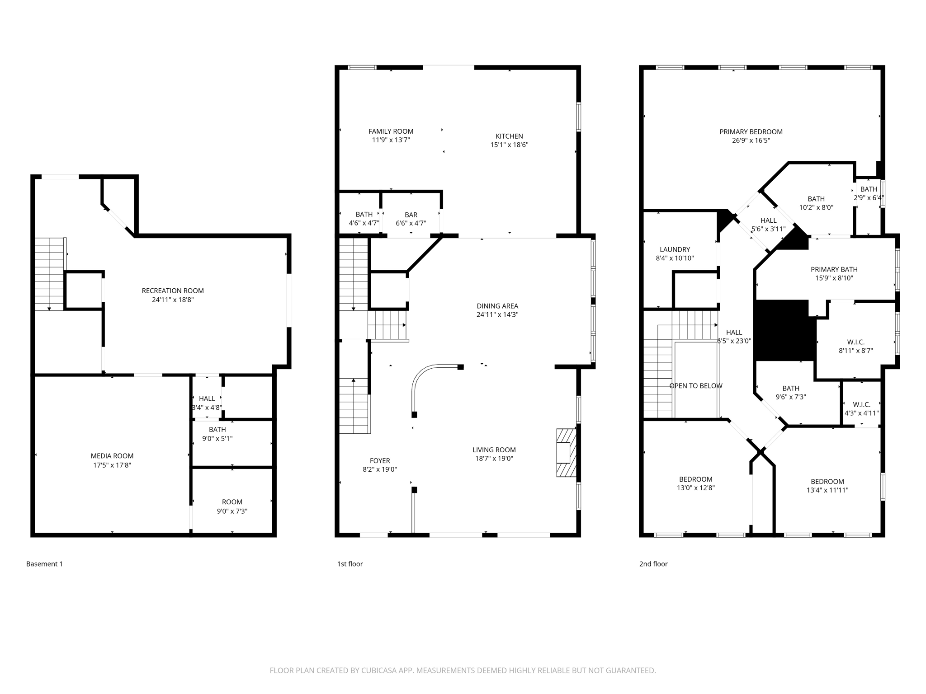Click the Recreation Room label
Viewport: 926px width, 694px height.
(173, 291)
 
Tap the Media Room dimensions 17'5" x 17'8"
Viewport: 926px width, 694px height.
(112, 465)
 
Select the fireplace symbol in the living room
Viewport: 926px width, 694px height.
(566, 453)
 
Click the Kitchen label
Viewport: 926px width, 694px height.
(509, 136)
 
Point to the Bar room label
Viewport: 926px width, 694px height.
(411, 215)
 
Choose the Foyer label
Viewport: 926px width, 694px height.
(380, 461)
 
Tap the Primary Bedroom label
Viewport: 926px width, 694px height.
(751, 132)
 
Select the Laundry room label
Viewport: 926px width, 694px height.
(675, 249)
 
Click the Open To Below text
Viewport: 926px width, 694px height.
(695, 386)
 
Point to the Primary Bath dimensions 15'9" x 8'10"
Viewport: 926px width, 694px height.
(834, 278)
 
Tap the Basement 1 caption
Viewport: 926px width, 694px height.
(44, 564)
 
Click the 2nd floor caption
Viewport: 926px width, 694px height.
(653, 564)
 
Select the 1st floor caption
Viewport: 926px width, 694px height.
(350, 564)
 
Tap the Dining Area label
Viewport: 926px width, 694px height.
(497, 306)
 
